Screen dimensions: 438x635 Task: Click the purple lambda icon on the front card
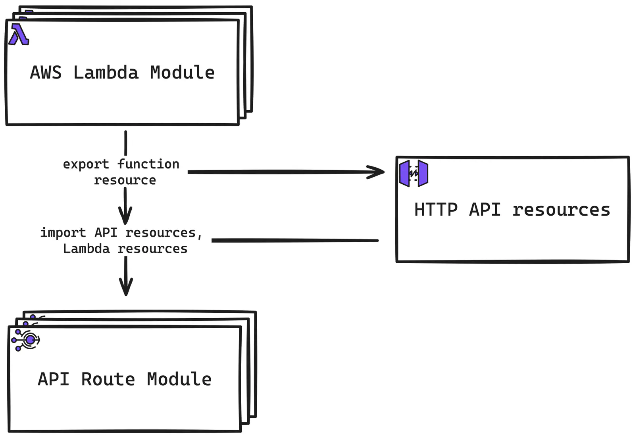19,34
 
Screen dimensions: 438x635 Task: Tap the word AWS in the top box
46,73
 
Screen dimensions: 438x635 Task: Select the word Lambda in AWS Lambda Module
106,73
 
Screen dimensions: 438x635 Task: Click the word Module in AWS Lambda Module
182,73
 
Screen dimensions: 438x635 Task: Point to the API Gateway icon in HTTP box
414,173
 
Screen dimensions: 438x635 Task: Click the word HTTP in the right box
436,209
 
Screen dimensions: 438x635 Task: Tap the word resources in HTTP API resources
561,210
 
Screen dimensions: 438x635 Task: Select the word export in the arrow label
86,164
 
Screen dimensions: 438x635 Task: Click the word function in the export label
148,164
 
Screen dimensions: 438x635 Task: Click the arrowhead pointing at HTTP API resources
377,172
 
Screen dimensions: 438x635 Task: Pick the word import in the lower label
63,233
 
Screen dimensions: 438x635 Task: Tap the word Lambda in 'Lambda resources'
86,249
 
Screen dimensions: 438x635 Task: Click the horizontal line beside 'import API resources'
295,240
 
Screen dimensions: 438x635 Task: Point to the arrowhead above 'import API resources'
125,216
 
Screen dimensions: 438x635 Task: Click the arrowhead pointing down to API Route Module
126,287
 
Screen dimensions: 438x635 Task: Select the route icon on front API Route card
26,340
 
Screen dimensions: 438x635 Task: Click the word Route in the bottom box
108,379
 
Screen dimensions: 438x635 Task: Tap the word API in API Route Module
53,379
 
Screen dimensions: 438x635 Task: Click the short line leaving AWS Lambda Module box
126,143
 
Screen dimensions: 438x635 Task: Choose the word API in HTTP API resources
485,209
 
